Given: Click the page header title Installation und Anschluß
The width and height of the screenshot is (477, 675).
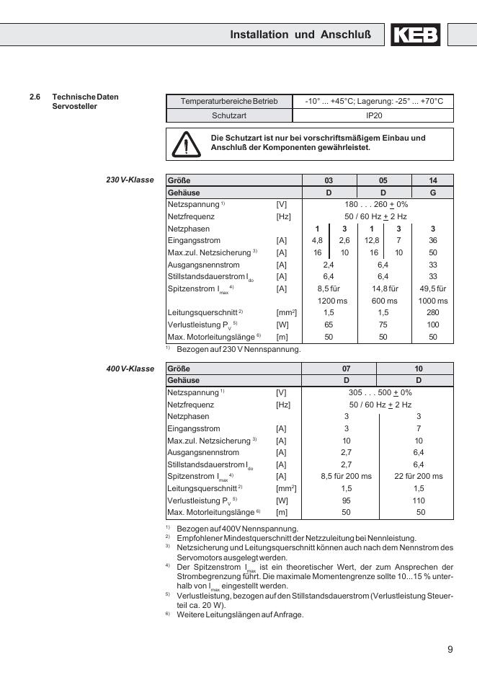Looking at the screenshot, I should [x=300, y=35].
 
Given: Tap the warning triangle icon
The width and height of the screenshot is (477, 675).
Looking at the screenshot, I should [x=186, y=144].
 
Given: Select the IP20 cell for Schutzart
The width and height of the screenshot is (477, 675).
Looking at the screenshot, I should [x=374, y=115].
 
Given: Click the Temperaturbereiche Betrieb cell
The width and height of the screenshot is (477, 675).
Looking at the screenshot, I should [x=229, y=102].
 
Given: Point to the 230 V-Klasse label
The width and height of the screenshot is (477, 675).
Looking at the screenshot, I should [x=130, y=180].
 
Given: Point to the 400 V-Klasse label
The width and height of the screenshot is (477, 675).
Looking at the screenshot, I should [x=130, y=369].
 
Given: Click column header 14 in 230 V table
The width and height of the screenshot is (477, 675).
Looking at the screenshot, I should [x=432, y=180].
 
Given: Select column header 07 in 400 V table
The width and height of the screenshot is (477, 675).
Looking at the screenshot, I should [x=346, y=369].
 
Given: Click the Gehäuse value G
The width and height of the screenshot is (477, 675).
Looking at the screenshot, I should [x=432, y=193].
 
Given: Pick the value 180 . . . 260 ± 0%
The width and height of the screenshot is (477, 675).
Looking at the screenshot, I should [x=376, y=205].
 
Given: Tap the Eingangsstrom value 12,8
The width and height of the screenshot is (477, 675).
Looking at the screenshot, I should [x=372, y=240].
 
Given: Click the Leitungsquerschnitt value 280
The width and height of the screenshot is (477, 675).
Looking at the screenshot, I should [x=432, y=312].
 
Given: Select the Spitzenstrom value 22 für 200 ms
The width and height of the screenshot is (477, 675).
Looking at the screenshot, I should [x=418, y=476].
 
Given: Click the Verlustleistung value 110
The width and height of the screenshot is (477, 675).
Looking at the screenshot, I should [x=418, y=500].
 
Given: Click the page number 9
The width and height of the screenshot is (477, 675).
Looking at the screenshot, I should [x=450, y=649].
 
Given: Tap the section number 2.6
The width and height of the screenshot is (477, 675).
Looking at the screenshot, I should [x=35, y=97].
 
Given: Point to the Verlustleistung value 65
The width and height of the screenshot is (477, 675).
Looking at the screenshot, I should [x=329, y=325].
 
